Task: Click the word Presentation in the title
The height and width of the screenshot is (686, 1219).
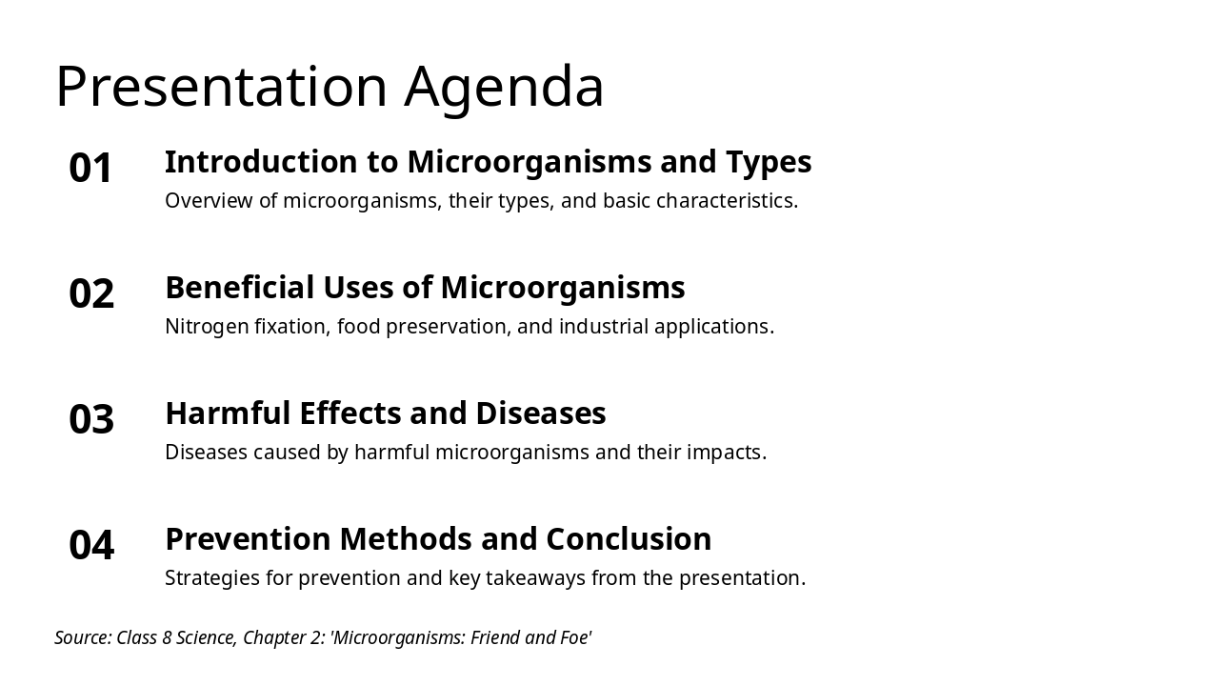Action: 221,86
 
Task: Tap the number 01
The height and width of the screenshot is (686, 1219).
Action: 90,168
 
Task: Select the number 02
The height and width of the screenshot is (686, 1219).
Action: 91,293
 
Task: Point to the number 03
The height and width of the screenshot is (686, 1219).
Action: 91,419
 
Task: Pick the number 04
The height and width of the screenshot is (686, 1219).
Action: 91,545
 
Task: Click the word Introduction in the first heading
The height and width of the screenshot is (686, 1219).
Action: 261,162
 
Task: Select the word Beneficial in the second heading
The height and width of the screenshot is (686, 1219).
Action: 240,287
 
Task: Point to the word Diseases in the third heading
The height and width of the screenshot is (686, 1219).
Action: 541,414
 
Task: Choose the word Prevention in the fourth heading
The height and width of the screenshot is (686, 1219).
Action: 249,539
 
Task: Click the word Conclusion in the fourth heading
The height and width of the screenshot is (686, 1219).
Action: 629,539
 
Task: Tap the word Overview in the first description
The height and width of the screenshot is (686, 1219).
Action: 209,201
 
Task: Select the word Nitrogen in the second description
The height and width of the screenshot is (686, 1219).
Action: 207,327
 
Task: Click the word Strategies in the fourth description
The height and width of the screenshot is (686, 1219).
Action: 212,578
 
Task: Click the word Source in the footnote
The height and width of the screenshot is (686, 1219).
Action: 83,637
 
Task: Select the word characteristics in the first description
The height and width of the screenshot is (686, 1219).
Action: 727,201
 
